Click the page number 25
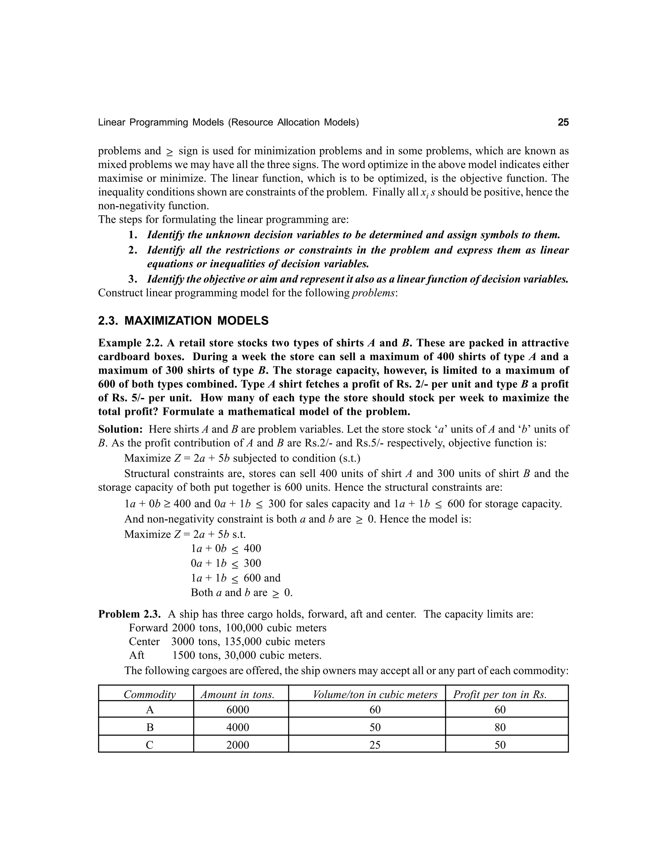point(563,122)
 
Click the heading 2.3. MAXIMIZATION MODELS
point(183,320)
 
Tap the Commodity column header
point(149,694)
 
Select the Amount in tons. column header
point(237,694)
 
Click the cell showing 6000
point(237,710)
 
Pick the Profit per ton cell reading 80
point(500,727)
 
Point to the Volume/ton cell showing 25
point(375,745)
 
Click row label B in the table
point(150,727)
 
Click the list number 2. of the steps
point(133,250)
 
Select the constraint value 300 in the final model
point(252,563)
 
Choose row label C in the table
point(150,745)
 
